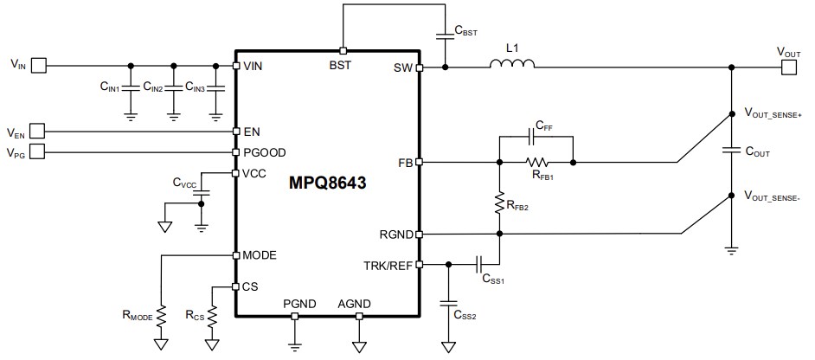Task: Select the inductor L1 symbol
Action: pos(512,65)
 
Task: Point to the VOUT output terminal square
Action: pos(787,65)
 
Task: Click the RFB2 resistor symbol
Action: pos(499,203)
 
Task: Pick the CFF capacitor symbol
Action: pos(534,136)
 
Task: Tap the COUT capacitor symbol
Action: pos(732,151)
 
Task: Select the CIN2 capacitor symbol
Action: pos(174,88)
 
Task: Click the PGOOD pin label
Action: pos(264,152)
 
